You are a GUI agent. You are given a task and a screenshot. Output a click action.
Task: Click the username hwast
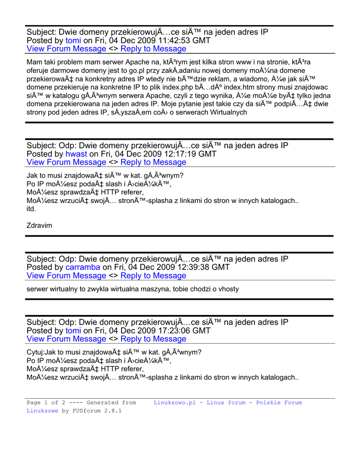coord(76,154)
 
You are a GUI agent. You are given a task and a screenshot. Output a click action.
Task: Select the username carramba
coord(83,267)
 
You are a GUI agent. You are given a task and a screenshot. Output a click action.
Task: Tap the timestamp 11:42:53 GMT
coord(181,41)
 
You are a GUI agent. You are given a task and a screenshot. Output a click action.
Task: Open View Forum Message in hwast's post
coord(66,162)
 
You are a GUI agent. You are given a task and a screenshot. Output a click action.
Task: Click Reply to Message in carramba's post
coord(153,275)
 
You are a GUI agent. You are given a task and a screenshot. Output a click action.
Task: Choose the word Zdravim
coord(40,225)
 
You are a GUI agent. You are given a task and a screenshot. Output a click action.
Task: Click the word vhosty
coord(227,289)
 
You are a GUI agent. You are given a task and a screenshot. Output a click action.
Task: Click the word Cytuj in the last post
coord(35,352)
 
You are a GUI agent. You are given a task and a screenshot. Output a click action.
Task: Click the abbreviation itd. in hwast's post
coord(31,209)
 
